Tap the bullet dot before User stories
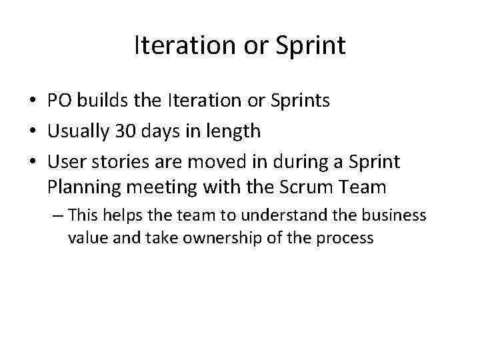point(31,161)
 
